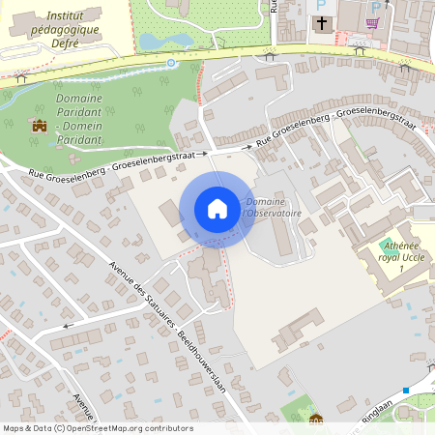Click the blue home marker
click(217, 208)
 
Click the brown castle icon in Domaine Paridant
click(40, 125)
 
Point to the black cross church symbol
click(322, 21)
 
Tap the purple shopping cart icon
click(372, 21)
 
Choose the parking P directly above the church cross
click(322, 5)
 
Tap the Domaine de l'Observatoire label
click(273, 208)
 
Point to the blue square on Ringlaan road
click(407, 390)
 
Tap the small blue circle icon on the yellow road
click(171, 62)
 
